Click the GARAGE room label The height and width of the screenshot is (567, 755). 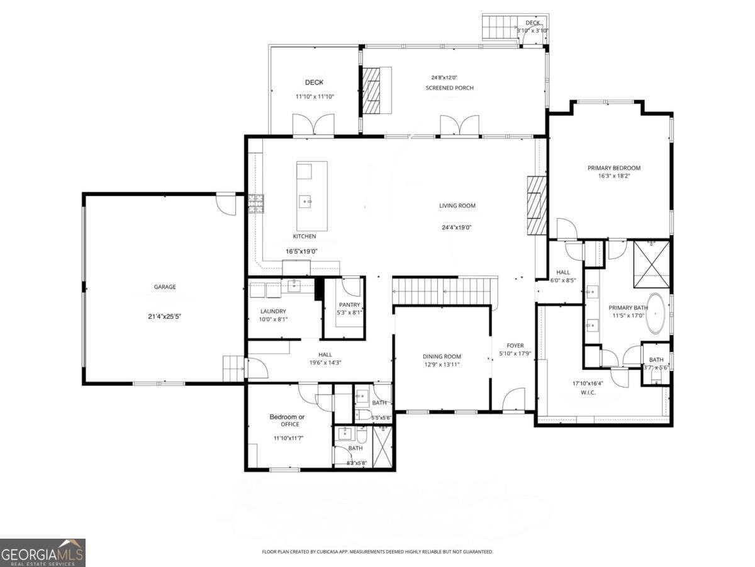point(165,287)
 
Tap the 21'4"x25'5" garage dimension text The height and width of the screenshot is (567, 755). point(165,317)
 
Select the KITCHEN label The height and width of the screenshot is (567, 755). point(305,236)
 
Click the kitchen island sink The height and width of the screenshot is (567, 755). point(308,202)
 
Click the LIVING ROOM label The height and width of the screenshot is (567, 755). point(457,205)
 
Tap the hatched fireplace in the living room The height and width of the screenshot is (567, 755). point(537,205)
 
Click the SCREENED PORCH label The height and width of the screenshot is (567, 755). point(449,88)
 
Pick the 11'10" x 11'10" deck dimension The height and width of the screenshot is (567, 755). point(315,96)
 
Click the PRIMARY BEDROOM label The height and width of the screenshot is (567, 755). point(614,168)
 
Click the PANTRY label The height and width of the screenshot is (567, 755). point(349,305)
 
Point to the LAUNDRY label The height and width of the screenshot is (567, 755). point(274,311)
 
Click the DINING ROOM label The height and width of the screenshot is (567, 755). point(442,357)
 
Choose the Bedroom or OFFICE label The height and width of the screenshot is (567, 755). point(287,420)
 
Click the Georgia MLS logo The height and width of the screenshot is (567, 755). point(43,553)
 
